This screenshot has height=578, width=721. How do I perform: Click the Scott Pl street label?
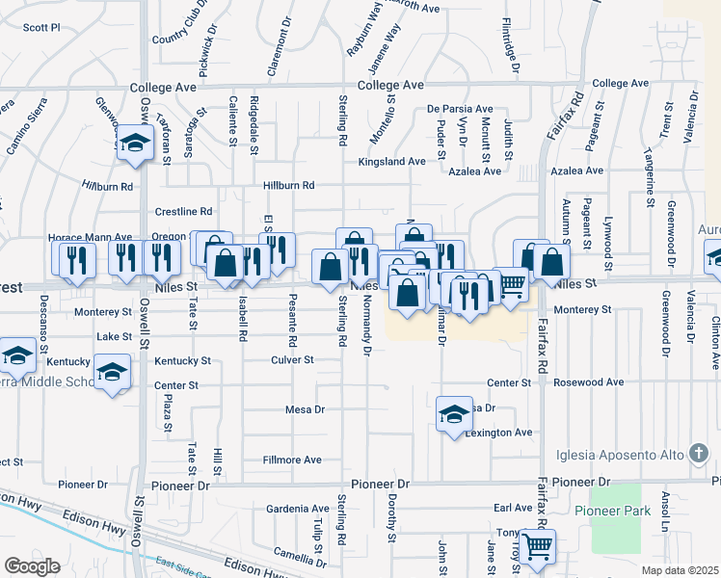coord(41,28)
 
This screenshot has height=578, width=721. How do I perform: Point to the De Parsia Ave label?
coord(460,110)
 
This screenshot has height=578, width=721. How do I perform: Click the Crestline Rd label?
coord(183,211)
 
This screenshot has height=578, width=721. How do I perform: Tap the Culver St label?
coord(295,359)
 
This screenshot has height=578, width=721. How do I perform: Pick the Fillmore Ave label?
coord(292,460)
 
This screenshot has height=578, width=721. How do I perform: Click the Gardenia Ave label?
coord(300,508)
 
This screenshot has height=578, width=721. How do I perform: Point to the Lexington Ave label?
coord(499,433)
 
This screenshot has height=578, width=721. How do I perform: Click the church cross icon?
coord(701,454)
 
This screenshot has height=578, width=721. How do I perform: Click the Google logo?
coord(33,565)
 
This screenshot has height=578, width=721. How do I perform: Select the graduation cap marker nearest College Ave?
coord(135,144)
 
